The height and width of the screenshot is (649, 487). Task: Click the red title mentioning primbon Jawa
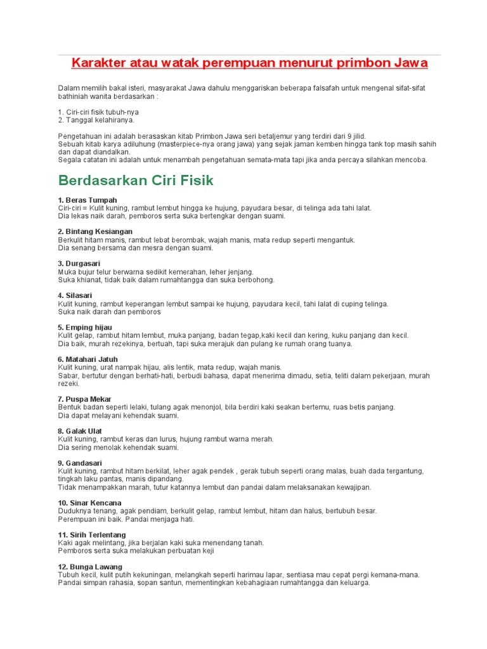[249, 63]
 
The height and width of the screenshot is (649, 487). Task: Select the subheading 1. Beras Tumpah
[88, 200]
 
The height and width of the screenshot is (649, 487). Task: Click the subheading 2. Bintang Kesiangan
[95, 232]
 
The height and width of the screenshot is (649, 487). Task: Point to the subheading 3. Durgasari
[79, 264]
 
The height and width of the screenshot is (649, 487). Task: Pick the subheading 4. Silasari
[75, 295]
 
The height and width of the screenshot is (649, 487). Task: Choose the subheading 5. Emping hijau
[85, 328]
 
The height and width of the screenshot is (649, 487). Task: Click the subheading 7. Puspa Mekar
[84, 399]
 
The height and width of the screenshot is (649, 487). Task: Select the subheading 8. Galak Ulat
[80, 431]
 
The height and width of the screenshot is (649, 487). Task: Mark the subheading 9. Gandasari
[80, 463]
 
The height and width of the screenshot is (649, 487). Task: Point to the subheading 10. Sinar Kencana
[89, 503]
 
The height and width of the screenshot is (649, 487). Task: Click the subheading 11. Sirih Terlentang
[92, 535]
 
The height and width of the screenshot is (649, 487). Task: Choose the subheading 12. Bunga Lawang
[90, 567]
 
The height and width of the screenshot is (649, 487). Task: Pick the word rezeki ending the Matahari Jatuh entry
[68, 383]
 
